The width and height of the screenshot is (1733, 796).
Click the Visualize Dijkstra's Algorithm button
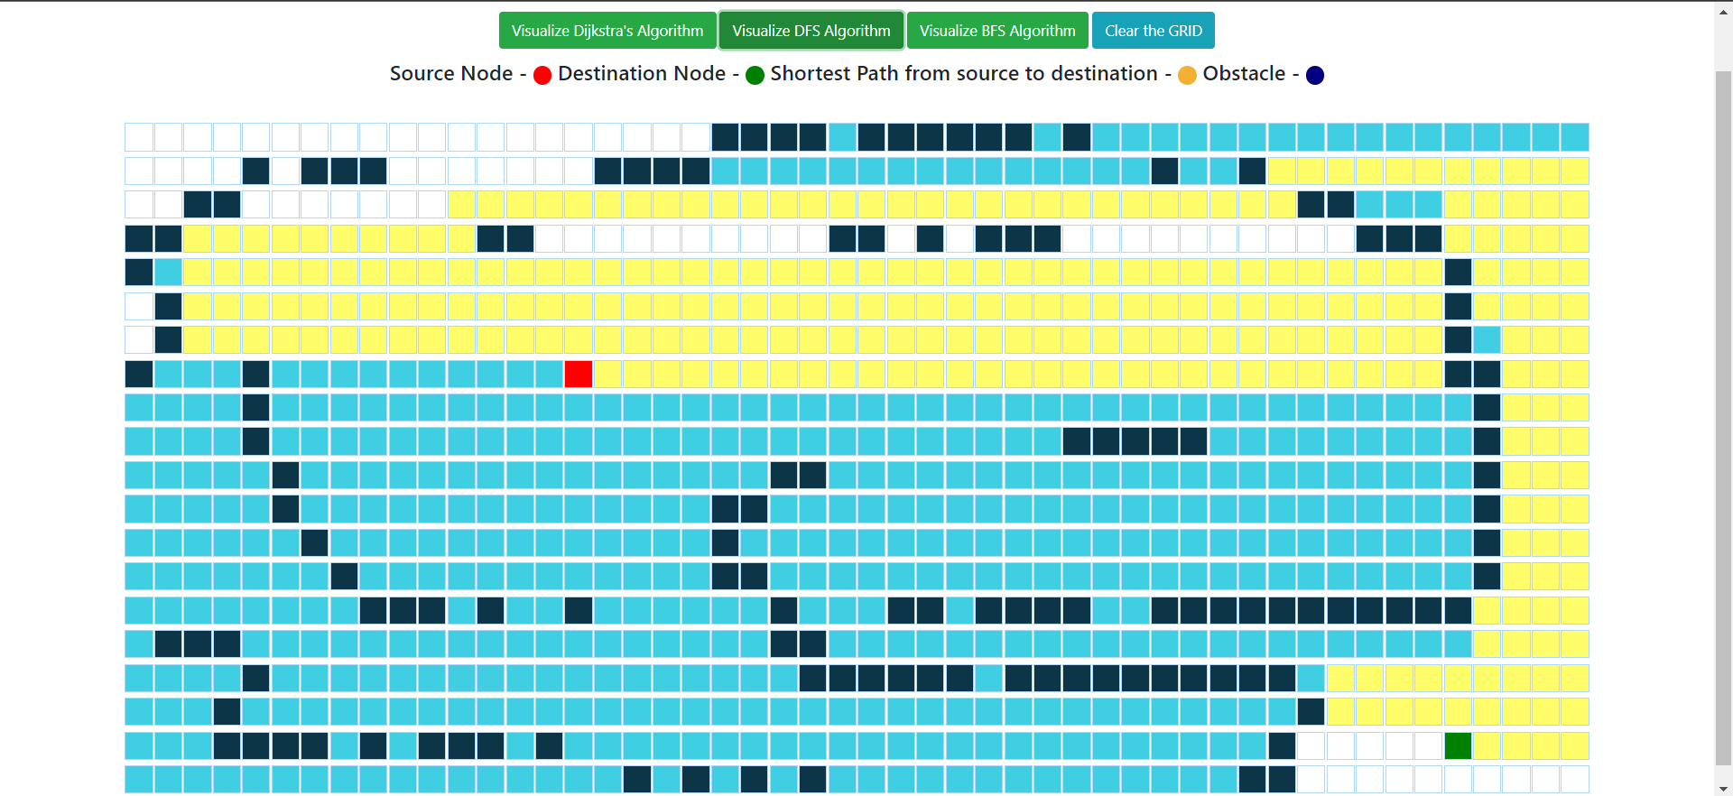click(607, 31)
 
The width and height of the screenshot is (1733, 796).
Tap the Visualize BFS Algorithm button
click(997, 31)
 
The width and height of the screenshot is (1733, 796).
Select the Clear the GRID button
click(1153, 31)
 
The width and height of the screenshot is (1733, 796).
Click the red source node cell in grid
click(579, 374)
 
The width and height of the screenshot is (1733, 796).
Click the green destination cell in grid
click(1458, 746)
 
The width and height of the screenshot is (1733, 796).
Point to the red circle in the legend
click(542, 75)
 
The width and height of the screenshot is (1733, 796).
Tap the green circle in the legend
click(755, 75)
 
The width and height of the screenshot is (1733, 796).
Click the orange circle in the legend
click(1187, 75)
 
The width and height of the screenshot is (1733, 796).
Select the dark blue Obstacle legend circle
click(1315, 75)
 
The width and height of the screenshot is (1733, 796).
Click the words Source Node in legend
click(451, 74)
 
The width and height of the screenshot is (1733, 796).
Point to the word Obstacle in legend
click(1244, 74)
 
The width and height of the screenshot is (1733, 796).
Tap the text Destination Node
click(642, 74)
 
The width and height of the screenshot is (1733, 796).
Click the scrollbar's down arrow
click(1724, 789)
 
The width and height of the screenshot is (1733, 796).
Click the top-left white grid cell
click(139, 137)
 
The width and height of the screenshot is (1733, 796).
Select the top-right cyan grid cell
click(1575, 137)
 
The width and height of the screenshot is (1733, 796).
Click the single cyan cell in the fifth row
click(168, 273)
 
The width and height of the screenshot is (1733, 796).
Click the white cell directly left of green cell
click(1429, 746)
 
